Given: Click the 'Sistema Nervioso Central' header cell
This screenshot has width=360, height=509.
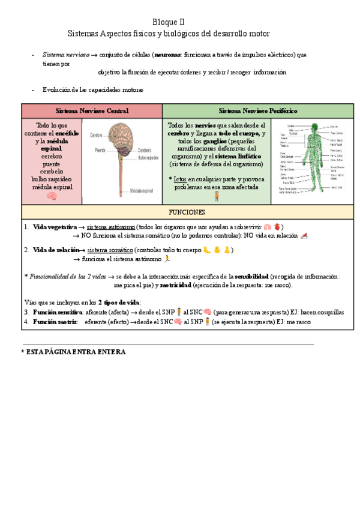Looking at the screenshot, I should [x=92, y=111].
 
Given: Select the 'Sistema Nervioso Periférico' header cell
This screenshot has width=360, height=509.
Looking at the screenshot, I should [x=257, y=111].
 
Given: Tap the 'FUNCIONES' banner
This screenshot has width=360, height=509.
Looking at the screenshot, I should [x=187, y=212].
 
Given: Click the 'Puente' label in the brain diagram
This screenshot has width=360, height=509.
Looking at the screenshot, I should [x=100, y=149].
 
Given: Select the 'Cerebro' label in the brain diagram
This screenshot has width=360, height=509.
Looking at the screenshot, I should [x=96, y=136].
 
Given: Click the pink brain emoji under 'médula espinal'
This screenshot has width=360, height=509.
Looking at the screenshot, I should [x=52, y=196].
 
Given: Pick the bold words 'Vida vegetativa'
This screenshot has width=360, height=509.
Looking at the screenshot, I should [x=55, y=227].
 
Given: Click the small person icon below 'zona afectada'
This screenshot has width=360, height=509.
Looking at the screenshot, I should [x=216, y=196].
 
